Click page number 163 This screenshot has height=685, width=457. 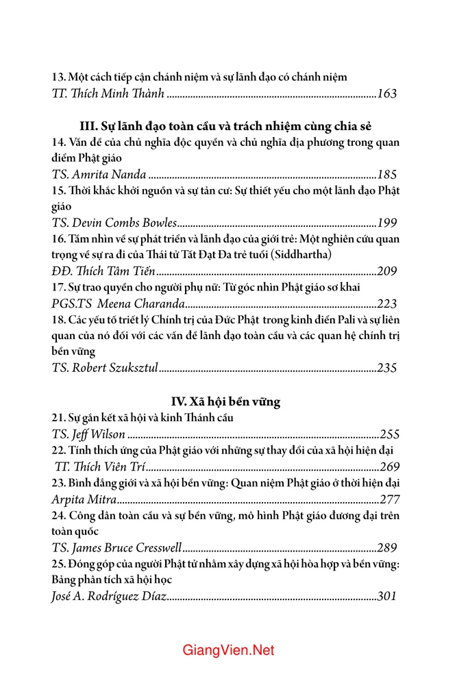(387, 94)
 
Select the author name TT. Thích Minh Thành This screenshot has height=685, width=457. (108, 94)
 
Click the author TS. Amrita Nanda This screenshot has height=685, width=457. (99, 175)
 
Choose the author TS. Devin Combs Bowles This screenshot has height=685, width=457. (114, 223)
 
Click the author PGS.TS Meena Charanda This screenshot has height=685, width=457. (118, 303)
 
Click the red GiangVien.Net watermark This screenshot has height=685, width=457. (228, 650)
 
